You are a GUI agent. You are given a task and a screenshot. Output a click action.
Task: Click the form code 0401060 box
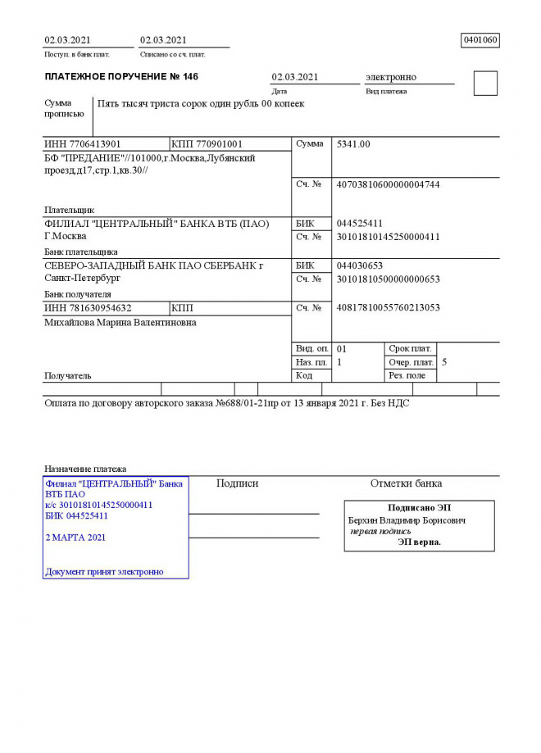click(480, 40)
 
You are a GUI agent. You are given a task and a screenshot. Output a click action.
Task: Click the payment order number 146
click(190, 77)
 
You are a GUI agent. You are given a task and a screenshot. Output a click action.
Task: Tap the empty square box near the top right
click(485, 84)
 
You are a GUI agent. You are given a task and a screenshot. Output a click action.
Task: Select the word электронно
click(391, 77)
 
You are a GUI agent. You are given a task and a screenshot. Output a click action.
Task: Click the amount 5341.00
click(354, 144)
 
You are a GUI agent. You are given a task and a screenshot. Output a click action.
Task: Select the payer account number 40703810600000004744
click(389, 185)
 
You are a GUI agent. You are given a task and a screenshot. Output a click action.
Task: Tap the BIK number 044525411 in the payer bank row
click(360, 224)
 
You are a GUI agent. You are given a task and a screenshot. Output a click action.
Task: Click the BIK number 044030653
click(360, 266)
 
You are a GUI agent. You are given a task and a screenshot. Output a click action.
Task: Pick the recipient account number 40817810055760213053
click(389, 308)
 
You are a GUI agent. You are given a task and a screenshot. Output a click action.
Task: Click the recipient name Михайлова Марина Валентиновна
click(120, 323)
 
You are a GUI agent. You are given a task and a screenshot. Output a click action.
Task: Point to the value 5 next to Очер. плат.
click(444, 361)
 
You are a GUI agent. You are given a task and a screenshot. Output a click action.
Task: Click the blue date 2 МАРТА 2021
click(75, 538)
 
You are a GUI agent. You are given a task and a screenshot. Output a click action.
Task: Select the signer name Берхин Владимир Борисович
click(407, 520)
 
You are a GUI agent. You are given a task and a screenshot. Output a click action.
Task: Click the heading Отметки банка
click(406, 483)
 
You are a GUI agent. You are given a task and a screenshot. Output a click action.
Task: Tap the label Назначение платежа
click(85, 469)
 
